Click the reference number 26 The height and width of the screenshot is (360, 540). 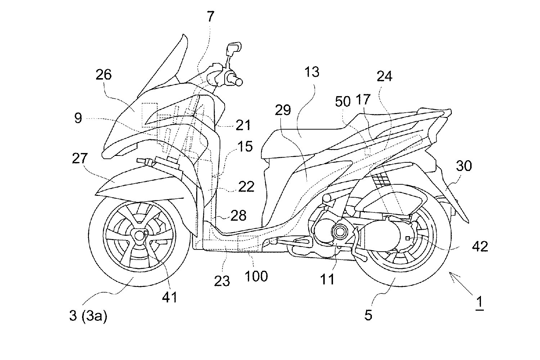point(104,75)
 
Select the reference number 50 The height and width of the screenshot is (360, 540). point(342,102)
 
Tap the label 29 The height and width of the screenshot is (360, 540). point(283,110)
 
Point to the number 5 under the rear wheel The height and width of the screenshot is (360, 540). point(368,315)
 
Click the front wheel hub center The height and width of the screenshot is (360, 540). point(139,235)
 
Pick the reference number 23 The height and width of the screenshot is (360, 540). point(222,280)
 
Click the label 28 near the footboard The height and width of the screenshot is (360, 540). point(238,216)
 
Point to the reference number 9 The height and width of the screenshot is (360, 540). point(78,118)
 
